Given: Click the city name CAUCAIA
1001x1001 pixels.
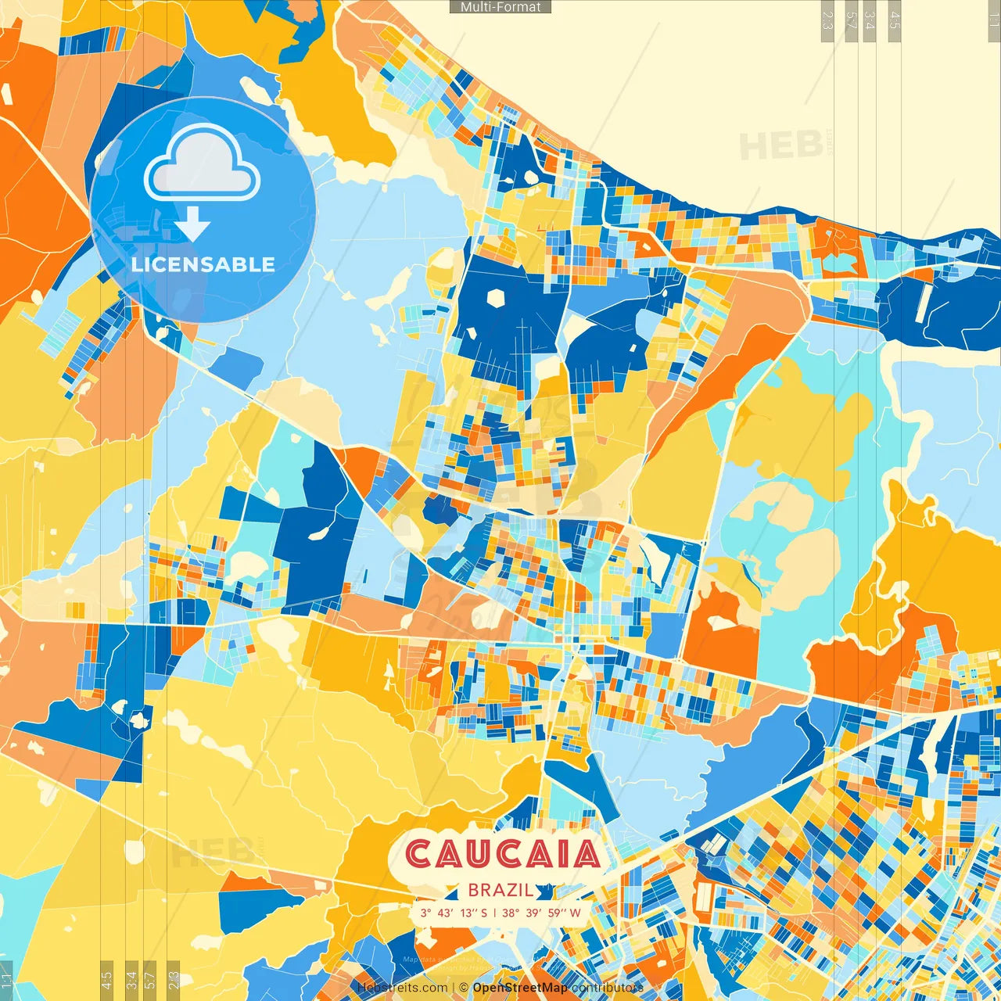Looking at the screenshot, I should tap(503, 854).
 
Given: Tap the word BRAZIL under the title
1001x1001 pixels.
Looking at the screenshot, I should tap(500, 890).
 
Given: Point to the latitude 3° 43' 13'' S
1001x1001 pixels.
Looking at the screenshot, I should tap(454, 913).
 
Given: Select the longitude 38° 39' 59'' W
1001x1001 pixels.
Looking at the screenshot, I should tap(541, 913).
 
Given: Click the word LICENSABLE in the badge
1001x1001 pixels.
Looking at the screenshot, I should tap(203, 264).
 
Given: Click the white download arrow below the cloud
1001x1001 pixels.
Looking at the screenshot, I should tap(192, 225).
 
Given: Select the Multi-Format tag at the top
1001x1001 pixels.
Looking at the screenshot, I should tap(500, 7).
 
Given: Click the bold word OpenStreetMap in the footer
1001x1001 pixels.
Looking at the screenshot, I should tap(519, 988).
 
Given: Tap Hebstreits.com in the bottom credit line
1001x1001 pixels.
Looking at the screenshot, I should tap(402, 988).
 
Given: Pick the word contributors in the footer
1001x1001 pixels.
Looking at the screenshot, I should tap(607, 988).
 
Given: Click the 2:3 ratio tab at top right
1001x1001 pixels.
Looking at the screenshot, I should tap(827, 20).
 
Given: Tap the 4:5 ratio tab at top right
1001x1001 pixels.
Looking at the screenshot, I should tap(895, 20).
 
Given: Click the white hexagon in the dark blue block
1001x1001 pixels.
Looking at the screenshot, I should tap(496, 298).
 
